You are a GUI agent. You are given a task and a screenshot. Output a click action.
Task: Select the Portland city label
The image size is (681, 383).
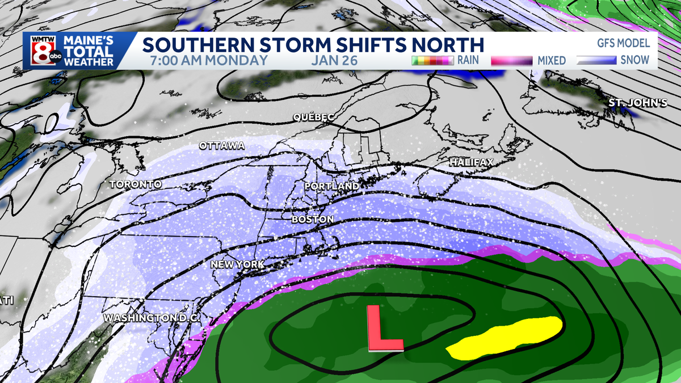(331, 186)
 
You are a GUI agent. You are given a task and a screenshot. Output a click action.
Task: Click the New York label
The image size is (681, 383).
(237, 264)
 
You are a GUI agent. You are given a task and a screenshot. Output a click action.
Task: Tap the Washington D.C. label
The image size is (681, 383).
(152, 318)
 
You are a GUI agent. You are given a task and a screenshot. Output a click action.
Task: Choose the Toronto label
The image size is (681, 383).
(136, 184)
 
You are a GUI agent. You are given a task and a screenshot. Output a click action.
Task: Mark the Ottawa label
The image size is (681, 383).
(222, 146)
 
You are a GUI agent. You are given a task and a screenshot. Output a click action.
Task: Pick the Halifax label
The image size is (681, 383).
(472, 162)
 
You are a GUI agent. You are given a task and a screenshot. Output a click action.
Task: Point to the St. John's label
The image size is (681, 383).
(629, 103)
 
